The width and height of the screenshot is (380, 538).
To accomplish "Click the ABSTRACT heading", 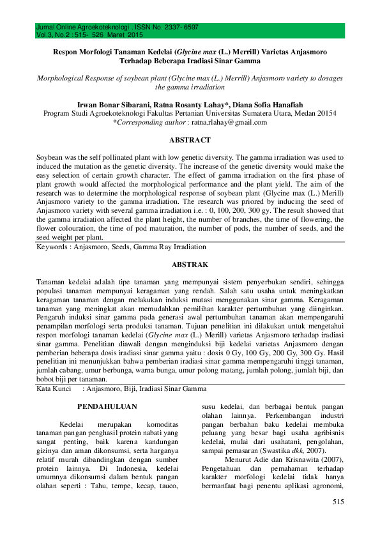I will tap(190, 140).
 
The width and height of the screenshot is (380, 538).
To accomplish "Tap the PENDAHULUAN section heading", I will tap(103, 406).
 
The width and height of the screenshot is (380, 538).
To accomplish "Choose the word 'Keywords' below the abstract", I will tap(53, 246).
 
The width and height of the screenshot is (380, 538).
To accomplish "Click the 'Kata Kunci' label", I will tap(54, 388).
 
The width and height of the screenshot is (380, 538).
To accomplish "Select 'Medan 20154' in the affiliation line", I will tap(318, 112).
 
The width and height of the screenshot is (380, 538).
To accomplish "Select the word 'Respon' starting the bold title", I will tap(65, 53).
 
